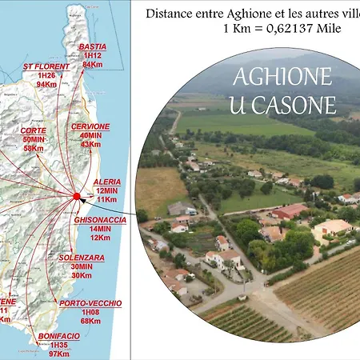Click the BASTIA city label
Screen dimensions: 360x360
[93, 47]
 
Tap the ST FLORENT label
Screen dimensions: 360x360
[46, 66]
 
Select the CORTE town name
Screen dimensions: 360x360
[33, 130]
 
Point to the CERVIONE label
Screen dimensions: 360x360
[90, 126]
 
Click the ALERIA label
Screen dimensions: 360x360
[107, 182]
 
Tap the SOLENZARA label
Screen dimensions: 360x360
[82, 258]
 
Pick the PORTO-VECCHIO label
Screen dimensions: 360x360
[90, 303]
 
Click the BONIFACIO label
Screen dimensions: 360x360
[58, 336]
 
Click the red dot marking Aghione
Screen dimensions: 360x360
[77, 195]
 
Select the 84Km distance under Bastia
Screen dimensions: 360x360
[93, 65]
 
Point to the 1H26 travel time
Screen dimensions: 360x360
[46, 75]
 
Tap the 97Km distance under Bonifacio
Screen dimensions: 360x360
[58, 353]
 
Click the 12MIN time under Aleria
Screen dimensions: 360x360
[107, 190]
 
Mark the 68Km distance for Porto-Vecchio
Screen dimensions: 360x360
[90, 321]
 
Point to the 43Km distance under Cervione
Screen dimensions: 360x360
[90, 144]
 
